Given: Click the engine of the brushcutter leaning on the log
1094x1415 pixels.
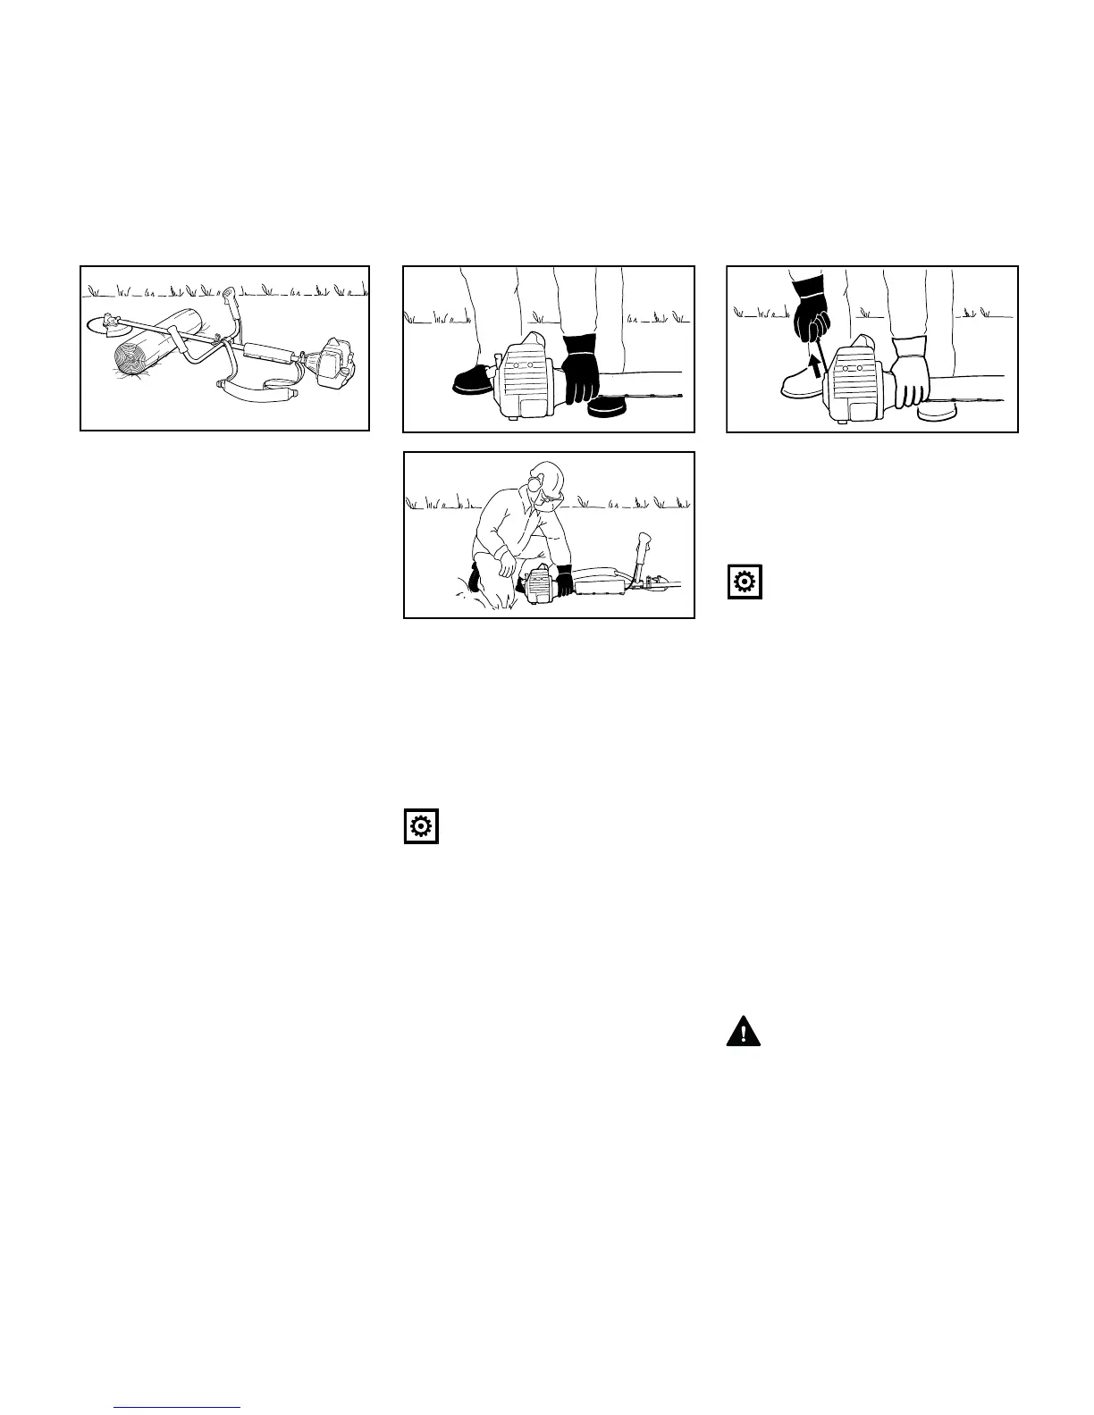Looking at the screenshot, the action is tap(331, 362).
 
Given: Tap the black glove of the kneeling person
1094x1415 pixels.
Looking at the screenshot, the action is tap(564, 581).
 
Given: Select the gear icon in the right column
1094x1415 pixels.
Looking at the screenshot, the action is tap(745, 582).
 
